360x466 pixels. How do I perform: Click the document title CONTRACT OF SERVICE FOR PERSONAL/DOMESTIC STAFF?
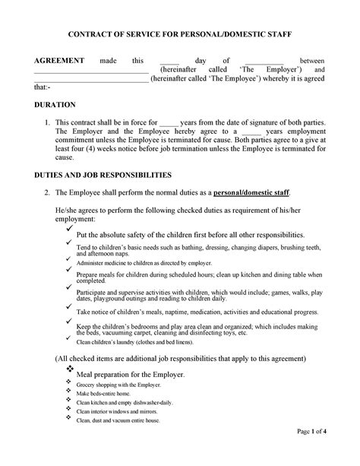[180, 34]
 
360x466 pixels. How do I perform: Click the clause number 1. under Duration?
[48, 122]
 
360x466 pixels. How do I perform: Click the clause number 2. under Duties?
[48, 193]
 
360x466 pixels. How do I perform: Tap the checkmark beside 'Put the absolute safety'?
[70, 227]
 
